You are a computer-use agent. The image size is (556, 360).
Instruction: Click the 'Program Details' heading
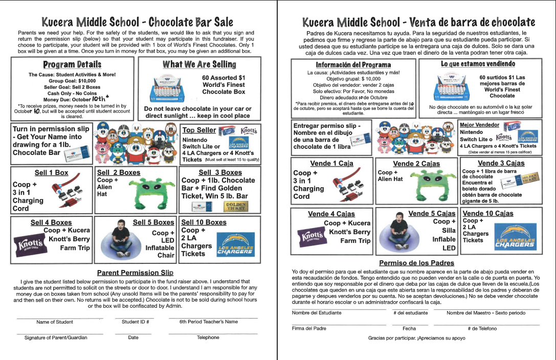tap(72, 64)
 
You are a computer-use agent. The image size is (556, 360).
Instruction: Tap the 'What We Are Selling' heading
tap(199, 64)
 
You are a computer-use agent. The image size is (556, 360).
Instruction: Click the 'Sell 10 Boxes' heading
tap(204, 222)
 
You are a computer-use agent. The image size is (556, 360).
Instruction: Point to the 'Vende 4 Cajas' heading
tap(331, 214)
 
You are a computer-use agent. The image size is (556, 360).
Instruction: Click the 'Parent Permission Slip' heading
tap(136, 273)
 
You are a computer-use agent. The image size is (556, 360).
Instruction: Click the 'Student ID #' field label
tap(135, 322)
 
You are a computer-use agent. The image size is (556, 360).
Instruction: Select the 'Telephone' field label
tap(208, 337)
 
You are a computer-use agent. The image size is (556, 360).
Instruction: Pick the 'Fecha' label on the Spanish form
tap(409, 328)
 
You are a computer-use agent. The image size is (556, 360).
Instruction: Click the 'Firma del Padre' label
tap(309, 328)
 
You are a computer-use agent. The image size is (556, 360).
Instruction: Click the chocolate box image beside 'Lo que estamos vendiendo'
tap(453, 85)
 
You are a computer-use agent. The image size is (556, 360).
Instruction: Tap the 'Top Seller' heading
tap(199, 130)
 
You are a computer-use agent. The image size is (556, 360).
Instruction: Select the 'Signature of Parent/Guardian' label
tap(56, 337)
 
